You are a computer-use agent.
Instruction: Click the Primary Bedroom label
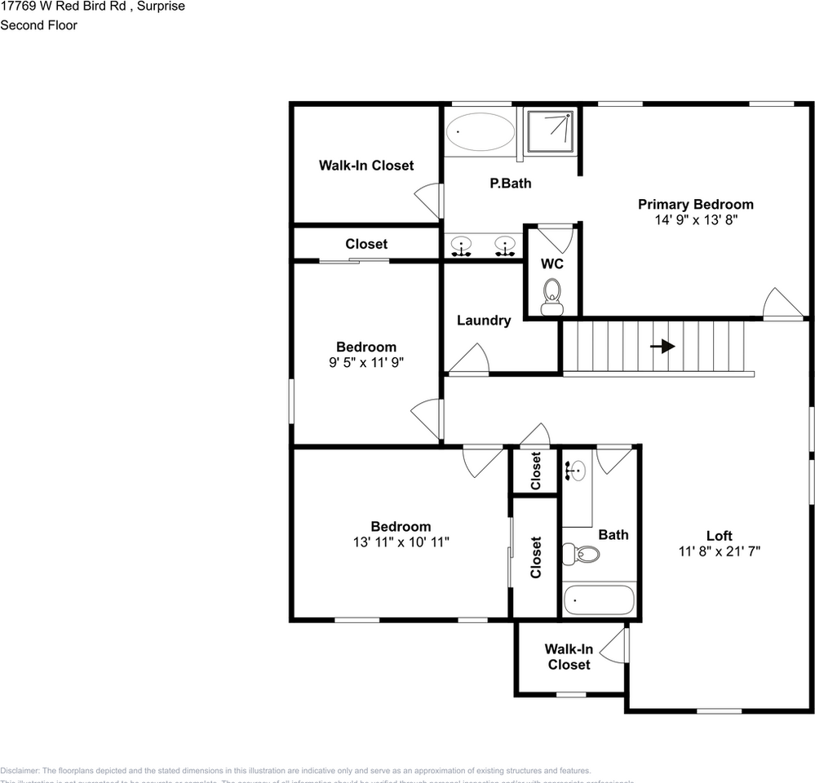695,205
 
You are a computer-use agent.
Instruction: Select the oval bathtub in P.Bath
481,131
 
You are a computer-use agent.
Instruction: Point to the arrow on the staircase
662,346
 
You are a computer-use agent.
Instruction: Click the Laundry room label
484,321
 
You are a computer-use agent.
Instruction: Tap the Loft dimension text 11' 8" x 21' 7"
719,551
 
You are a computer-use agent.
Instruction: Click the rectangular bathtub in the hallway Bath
599,600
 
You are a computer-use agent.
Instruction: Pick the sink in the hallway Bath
576,470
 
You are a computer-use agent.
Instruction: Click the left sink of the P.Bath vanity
463,245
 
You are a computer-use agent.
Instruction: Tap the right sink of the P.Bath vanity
505,245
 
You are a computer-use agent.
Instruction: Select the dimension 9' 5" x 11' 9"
366,361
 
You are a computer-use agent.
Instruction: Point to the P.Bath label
510,184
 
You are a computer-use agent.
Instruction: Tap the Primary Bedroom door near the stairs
782,303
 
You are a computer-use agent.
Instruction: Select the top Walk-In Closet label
365,166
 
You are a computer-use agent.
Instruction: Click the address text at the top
92,7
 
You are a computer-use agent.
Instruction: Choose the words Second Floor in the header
38,25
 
